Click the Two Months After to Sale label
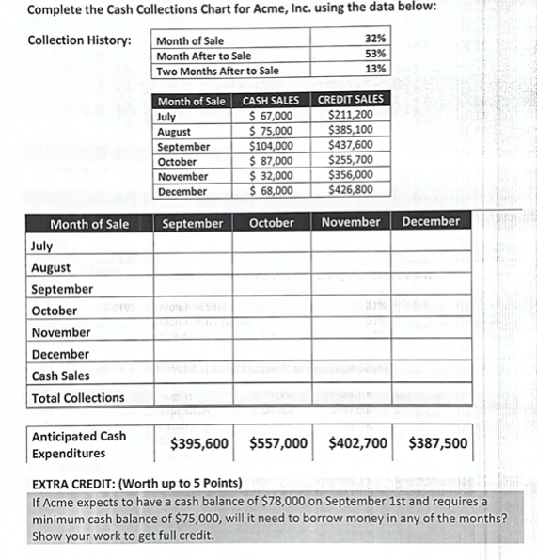coord(217,71)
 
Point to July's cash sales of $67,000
coord(272,117)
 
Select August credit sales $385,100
coord(348,132)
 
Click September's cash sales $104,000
coord(272,147)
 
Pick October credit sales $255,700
coord(348,161)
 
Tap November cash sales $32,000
coord(272,176)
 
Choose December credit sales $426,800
coord(348,191)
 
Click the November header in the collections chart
coord(351,223)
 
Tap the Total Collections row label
coord(77,398)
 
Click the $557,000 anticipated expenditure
coord(279,443)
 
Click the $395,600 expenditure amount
coord(199,443)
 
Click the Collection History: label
coord(79,40)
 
